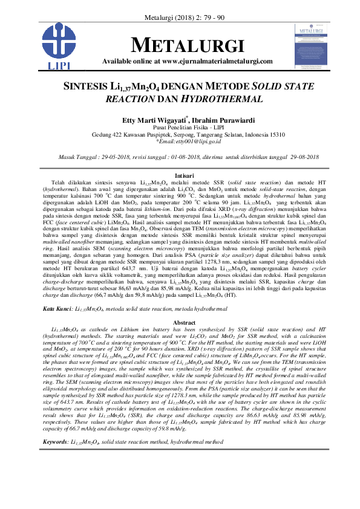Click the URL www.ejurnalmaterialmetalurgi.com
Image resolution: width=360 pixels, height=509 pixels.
218,61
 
